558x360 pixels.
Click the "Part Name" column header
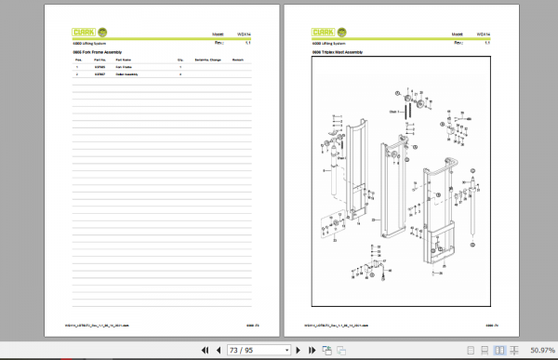125,61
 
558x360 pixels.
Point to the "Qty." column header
179,61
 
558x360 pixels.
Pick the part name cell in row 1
125,68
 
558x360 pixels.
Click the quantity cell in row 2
179,74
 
